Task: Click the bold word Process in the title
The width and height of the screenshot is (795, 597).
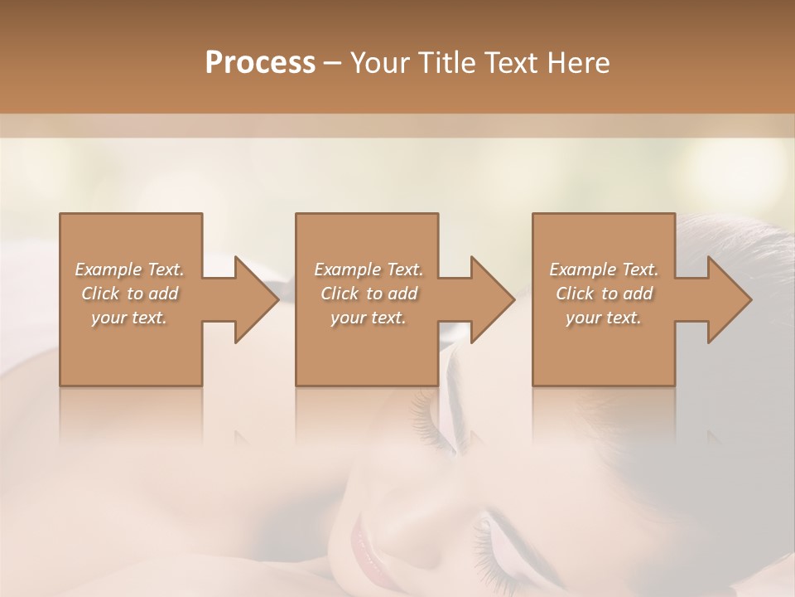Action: pos(260,63)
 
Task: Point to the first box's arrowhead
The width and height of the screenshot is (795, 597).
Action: pos(256,299)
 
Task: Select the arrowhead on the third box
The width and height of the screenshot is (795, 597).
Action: pos(729,299)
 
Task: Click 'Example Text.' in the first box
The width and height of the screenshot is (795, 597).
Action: pos(130,269)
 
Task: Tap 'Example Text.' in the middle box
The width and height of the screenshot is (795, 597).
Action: pos(369,269)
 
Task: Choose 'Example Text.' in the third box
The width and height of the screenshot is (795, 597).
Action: pos(604,269)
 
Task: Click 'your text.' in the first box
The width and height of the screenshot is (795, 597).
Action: pos(129,318)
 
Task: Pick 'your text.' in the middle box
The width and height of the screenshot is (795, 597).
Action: pos(369,318)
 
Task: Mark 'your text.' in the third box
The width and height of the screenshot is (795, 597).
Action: pos(604,318)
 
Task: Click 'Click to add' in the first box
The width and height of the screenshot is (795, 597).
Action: pos(130,294)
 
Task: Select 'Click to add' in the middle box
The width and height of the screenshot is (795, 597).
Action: pos(369,294)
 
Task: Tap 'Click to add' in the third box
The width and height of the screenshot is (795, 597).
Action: pos(604,294)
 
